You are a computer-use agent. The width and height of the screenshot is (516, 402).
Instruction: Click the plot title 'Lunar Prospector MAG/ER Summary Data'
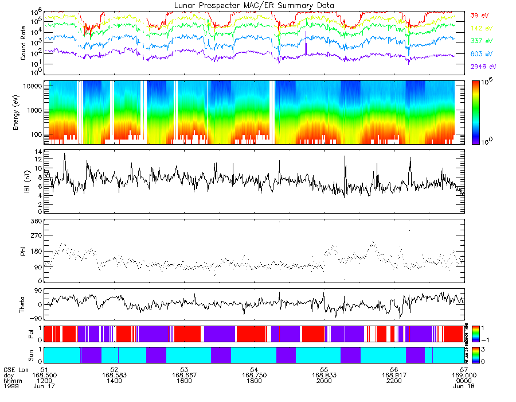click(255, 5)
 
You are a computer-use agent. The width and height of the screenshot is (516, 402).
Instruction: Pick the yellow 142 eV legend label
click(481, 28)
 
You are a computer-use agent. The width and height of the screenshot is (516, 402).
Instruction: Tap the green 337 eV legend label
click(481, 41)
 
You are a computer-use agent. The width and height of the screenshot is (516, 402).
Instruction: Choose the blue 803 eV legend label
click(481, 54)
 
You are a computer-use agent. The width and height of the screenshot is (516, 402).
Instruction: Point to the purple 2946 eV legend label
click(483, 67)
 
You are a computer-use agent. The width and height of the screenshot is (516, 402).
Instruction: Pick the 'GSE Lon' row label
click(15, 370)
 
